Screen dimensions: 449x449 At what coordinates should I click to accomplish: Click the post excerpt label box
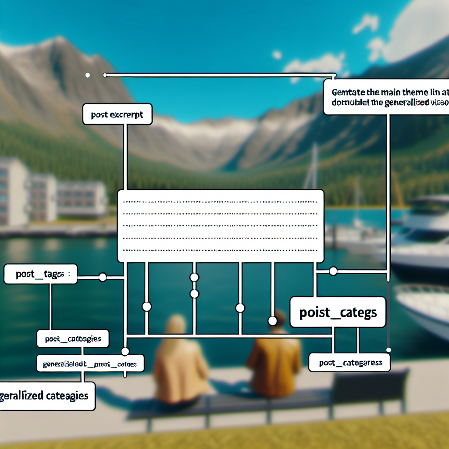[x=117, y=114]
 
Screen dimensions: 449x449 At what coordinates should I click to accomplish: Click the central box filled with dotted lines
[x=221, y=226]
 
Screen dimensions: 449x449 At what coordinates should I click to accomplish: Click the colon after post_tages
[x=69, y=274]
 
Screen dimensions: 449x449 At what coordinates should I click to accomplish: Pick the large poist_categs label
[x=337, y=312]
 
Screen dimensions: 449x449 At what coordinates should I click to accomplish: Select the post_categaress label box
[x=349, y=363]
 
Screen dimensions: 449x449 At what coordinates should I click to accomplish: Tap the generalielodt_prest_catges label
[x=89, y=364]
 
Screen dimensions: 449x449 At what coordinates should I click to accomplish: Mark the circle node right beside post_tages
[x=103, y=277]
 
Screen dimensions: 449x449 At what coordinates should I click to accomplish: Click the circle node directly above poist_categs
[x=333, y=271]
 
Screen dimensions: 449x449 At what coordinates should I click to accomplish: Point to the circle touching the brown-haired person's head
[x=272, y=321]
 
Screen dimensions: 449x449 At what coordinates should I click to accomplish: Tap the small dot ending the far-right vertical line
[x=388, y=349]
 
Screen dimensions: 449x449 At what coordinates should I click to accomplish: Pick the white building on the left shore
[x=53, y=193]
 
